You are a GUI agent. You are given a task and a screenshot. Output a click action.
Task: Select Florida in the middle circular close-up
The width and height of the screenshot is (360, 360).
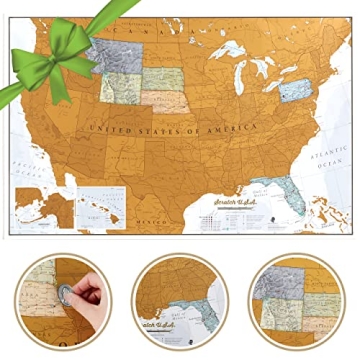[x=199, y=306]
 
